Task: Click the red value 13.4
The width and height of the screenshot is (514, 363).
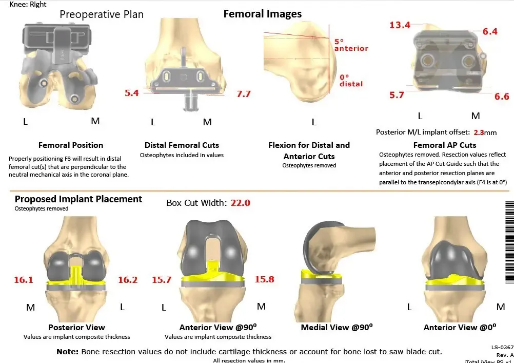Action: pos(400,25)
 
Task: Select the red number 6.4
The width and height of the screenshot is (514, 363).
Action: pos(489,32)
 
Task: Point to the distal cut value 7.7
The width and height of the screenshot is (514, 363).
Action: pos(243,94)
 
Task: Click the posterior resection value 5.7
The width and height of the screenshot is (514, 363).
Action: pos(397,95)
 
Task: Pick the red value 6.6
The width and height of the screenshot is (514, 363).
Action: pos(502,97)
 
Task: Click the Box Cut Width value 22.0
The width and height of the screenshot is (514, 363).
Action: pos(240,203)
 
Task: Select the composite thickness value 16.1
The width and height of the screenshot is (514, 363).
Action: pos(24,280)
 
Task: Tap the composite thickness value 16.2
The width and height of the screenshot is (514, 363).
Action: pos(128,280)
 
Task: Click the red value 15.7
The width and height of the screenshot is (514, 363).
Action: pos(162,280)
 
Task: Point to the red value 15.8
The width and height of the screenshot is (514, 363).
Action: pos(264,280)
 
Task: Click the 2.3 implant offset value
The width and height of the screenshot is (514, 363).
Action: pos(479,132)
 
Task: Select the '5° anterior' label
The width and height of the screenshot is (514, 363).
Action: pos(351,45)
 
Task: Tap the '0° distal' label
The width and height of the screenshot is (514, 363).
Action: pos(351,80)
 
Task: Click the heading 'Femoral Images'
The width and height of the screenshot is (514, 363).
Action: pos(262,14)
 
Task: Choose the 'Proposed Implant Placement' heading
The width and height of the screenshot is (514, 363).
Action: pos(78,199)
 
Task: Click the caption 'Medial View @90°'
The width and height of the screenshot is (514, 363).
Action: pos(337,328)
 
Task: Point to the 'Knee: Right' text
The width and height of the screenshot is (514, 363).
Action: pos(28,4)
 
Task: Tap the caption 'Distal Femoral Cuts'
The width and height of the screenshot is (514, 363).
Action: pos(182,145)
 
